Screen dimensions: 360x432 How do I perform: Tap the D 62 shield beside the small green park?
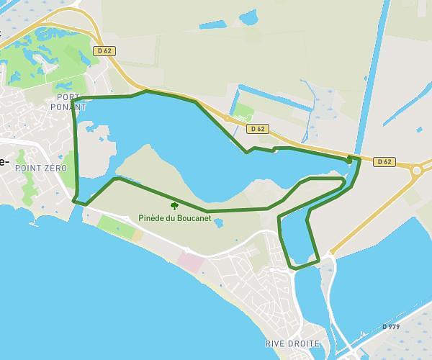(x=257, y=129)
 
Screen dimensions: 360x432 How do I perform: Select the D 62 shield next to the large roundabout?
(x=385, y=161)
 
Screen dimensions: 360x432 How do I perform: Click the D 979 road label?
(x=391, y=327)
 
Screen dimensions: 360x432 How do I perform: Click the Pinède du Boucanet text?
(x=175, y=218)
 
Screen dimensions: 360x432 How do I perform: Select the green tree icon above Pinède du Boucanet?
(x=174, y=206)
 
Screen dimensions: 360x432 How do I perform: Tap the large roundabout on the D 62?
(x=417, y=170)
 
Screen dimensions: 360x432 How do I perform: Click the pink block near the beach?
(x=191, y=262)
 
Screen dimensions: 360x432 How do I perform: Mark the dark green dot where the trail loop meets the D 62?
(x=351, y=158)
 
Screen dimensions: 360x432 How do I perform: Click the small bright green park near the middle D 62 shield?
(x=244, y=112)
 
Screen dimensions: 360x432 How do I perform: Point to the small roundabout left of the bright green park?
(x=227, y=118)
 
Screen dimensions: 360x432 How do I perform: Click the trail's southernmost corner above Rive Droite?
(x=294, y=268)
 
